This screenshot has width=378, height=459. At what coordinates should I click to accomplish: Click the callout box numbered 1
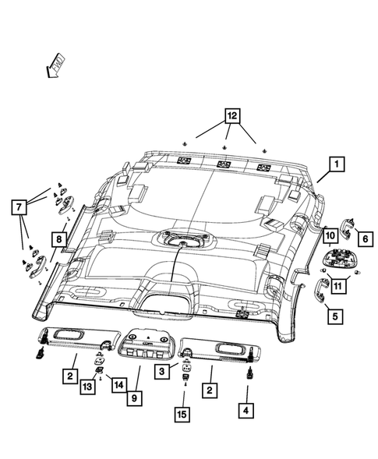pyautogui.click(x=337, y=164)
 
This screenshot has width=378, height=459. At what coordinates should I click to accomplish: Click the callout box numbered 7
pyautogui.click(x=16, y=207)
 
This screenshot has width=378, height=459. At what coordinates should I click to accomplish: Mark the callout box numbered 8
pyautogui.click(x=58, y=238)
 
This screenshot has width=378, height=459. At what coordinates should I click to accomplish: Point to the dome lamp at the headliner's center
pyautogui.click(x=181, y=238)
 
